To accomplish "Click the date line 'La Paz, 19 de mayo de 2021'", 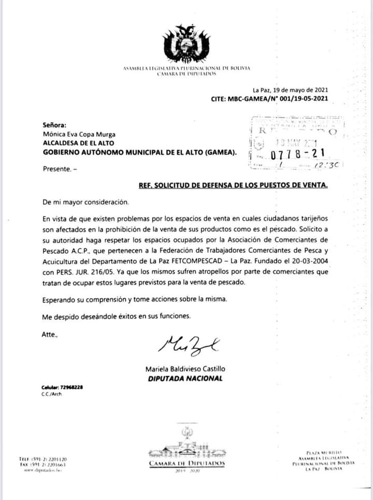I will [290, 90].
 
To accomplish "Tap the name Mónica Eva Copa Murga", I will [79, 134].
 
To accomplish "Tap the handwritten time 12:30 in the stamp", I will [327, 165].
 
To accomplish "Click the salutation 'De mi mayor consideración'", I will [85, 202].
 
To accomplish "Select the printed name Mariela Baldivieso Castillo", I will [185, 369].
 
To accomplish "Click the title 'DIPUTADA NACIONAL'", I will [185, 378].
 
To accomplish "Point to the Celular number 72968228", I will [71, 388].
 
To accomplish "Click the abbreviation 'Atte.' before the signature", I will [50, 335].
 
